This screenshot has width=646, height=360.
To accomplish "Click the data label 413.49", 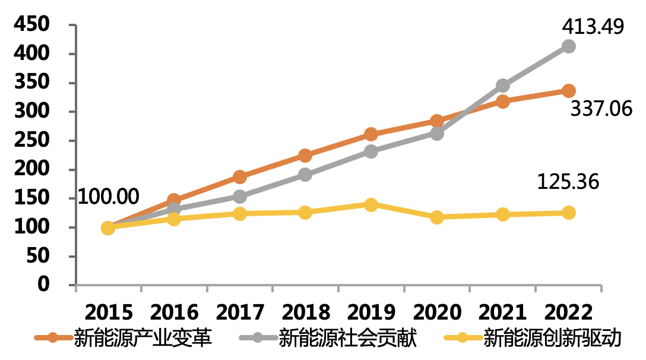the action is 593,27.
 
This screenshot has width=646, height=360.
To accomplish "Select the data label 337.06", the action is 601,109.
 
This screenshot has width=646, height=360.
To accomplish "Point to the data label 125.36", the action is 568,182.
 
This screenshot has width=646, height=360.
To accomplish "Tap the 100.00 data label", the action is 108,197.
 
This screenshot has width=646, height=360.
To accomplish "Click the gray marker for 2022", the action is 569,46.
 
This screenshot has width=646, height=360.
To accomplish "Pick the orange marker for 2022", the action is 569,91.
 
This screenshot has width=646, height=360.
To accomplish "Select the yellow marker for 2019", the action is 370,204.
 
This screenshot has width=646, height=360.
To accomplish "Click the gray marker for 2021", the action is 503,86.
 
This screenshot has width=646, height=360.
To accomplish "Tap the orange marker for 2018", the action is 305,156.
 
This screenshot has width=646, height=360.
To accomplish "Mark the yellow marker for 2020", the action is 437,217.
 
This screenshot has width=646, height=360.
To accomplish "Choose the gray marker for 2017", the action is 239,196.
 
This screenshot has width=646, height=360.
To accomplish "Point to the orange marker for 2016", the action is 174,200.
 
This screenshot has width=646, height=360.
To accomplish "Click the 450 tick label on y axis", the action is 31,24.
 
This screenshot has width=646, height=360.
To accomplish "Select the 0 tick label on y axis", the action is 43,285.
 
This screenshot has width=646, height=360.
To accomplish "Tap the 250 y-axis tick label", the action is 31,140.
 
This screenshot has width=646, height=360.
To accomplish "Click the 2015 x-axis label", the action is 109,312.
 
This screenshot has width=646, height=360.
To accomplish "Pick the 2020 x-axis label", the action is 437,312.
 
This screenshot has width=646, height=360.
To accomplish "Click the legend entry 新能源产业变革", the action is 123,338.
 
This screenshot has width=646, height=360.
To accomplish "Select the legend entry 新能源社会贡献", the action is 328,338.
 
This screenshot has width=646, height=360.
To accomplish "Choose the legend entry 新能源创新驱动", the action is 532,338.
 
